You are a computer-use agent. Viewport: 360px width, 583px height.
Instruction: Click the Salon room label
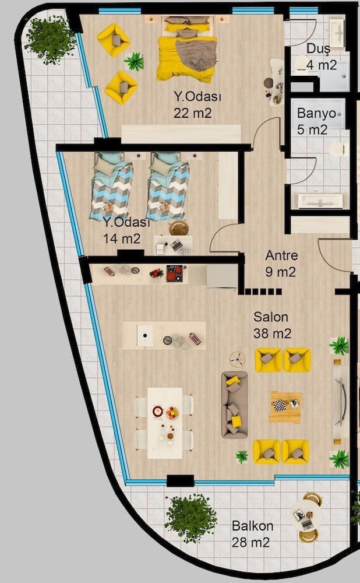(270, 317)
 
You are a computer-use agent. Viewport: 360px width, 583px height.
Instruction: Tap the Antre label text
(281, 255)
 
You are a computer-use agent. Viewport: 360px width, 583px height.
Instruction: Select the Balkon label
(252, 526)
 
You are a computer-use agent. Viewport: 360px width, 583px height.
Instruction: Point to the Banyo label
(316, 114)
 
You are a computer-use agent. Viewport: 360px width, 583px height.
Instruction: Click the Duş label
(319, 50)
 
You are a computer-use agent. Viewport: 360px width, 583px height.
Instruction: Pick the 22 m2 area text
(192, 113)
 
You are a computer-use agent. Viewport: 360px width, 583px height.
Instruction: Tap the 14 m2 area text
(122, 238)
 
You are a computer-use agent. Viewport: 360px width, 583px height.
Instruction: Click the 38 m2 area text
(272, 333)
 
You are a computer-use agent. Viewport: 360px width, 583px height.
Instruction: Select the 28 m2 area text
(250, 542)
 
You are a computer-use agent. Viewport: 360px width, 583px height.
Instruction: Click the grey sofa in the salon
(234, 405)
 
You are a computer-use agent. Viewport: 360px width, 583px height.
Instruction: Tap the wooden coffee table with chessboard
(285, 407)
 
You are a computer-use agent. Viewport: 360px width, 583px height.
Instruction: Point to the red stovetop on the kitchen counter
(174, 273)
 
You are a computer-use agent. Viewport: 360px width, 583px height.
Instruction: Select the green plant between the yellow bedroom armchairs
(134, 61)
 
